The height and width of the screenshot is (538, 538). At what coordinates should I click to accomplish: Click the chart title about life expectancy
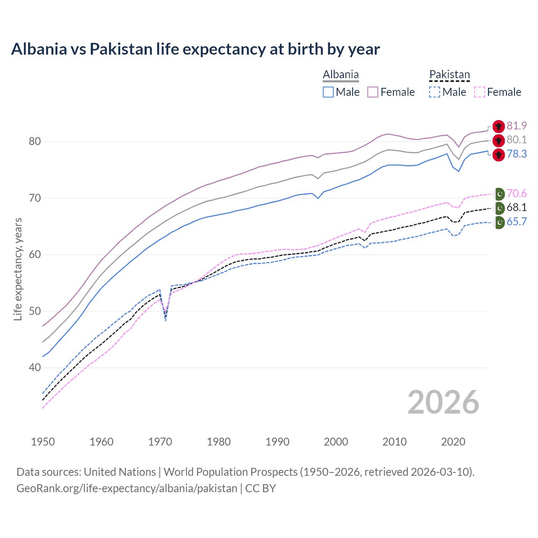195,49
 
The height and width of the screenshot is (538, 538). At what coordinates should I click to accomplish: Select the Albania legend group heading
340,75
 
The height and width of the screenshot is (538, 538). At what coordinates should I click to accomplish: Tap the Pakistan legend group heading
449,75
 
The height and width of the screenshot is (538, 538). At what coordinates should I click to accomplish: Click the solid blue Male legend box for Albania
328,92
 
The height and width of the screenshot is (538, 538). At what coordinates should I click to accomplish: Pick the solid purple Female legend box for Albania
373,92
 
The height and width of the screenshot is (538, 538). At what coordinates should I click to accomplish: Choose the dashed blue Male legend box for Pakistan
435,92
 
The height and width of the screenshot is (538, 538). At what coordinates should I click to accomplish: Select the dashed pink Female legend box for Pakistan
479,92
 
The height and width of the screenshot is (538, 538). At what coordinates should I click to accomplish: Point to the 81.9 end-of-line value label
517,126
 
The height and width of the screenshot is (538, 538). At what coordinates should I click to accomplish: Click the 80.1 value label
517,140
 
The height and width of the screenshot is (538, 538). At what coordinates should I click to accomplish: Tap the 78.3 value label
517,154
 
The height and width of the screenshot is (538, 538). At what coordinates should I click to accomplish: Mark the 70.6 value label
517,193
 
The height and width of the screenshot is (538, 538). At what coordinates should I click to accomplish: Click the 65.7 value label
517,222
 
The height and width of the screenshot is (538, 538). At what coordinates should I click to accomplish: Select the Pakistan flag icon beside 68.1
499,208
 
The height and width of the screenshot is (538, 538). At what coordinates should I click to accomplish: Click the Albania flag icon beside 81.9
498,126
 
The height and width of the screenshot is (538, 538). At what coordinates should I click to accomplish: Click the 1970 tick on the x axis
160,442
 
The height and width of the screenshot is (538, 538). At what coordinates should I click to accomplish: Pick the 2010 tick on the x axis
394,442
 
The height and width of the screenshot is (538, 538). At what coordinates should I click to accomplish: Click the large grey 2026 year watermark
443,402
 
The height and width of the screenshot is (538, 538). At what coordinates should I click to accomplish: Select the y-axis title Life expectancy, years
18,269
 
